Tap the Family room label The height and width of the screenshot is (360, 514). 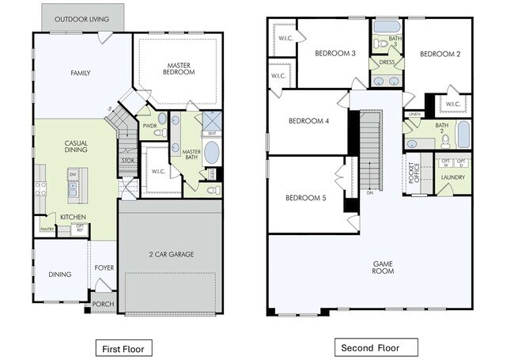81,73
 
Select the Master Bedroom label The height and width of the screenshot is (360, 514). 180,68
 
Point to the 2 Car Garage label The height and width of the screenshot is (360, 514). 172,254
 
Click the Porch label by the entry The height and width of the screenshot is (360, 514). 103,304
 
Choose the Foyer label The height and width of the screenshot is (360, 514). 104,267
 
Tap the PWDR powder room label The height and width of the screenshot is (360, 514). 150,124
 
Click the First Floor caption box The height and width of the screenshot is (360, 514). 123,347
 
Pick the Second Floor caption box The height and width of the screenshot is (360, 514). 370,347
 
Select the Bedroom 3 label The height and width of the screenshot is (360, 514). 334,54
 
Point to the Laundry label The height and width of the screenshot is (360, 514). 452,179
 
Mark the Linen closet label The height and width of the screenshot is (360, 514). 414,114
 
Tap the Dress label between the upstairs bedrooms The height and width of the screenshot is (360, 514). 387,61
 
